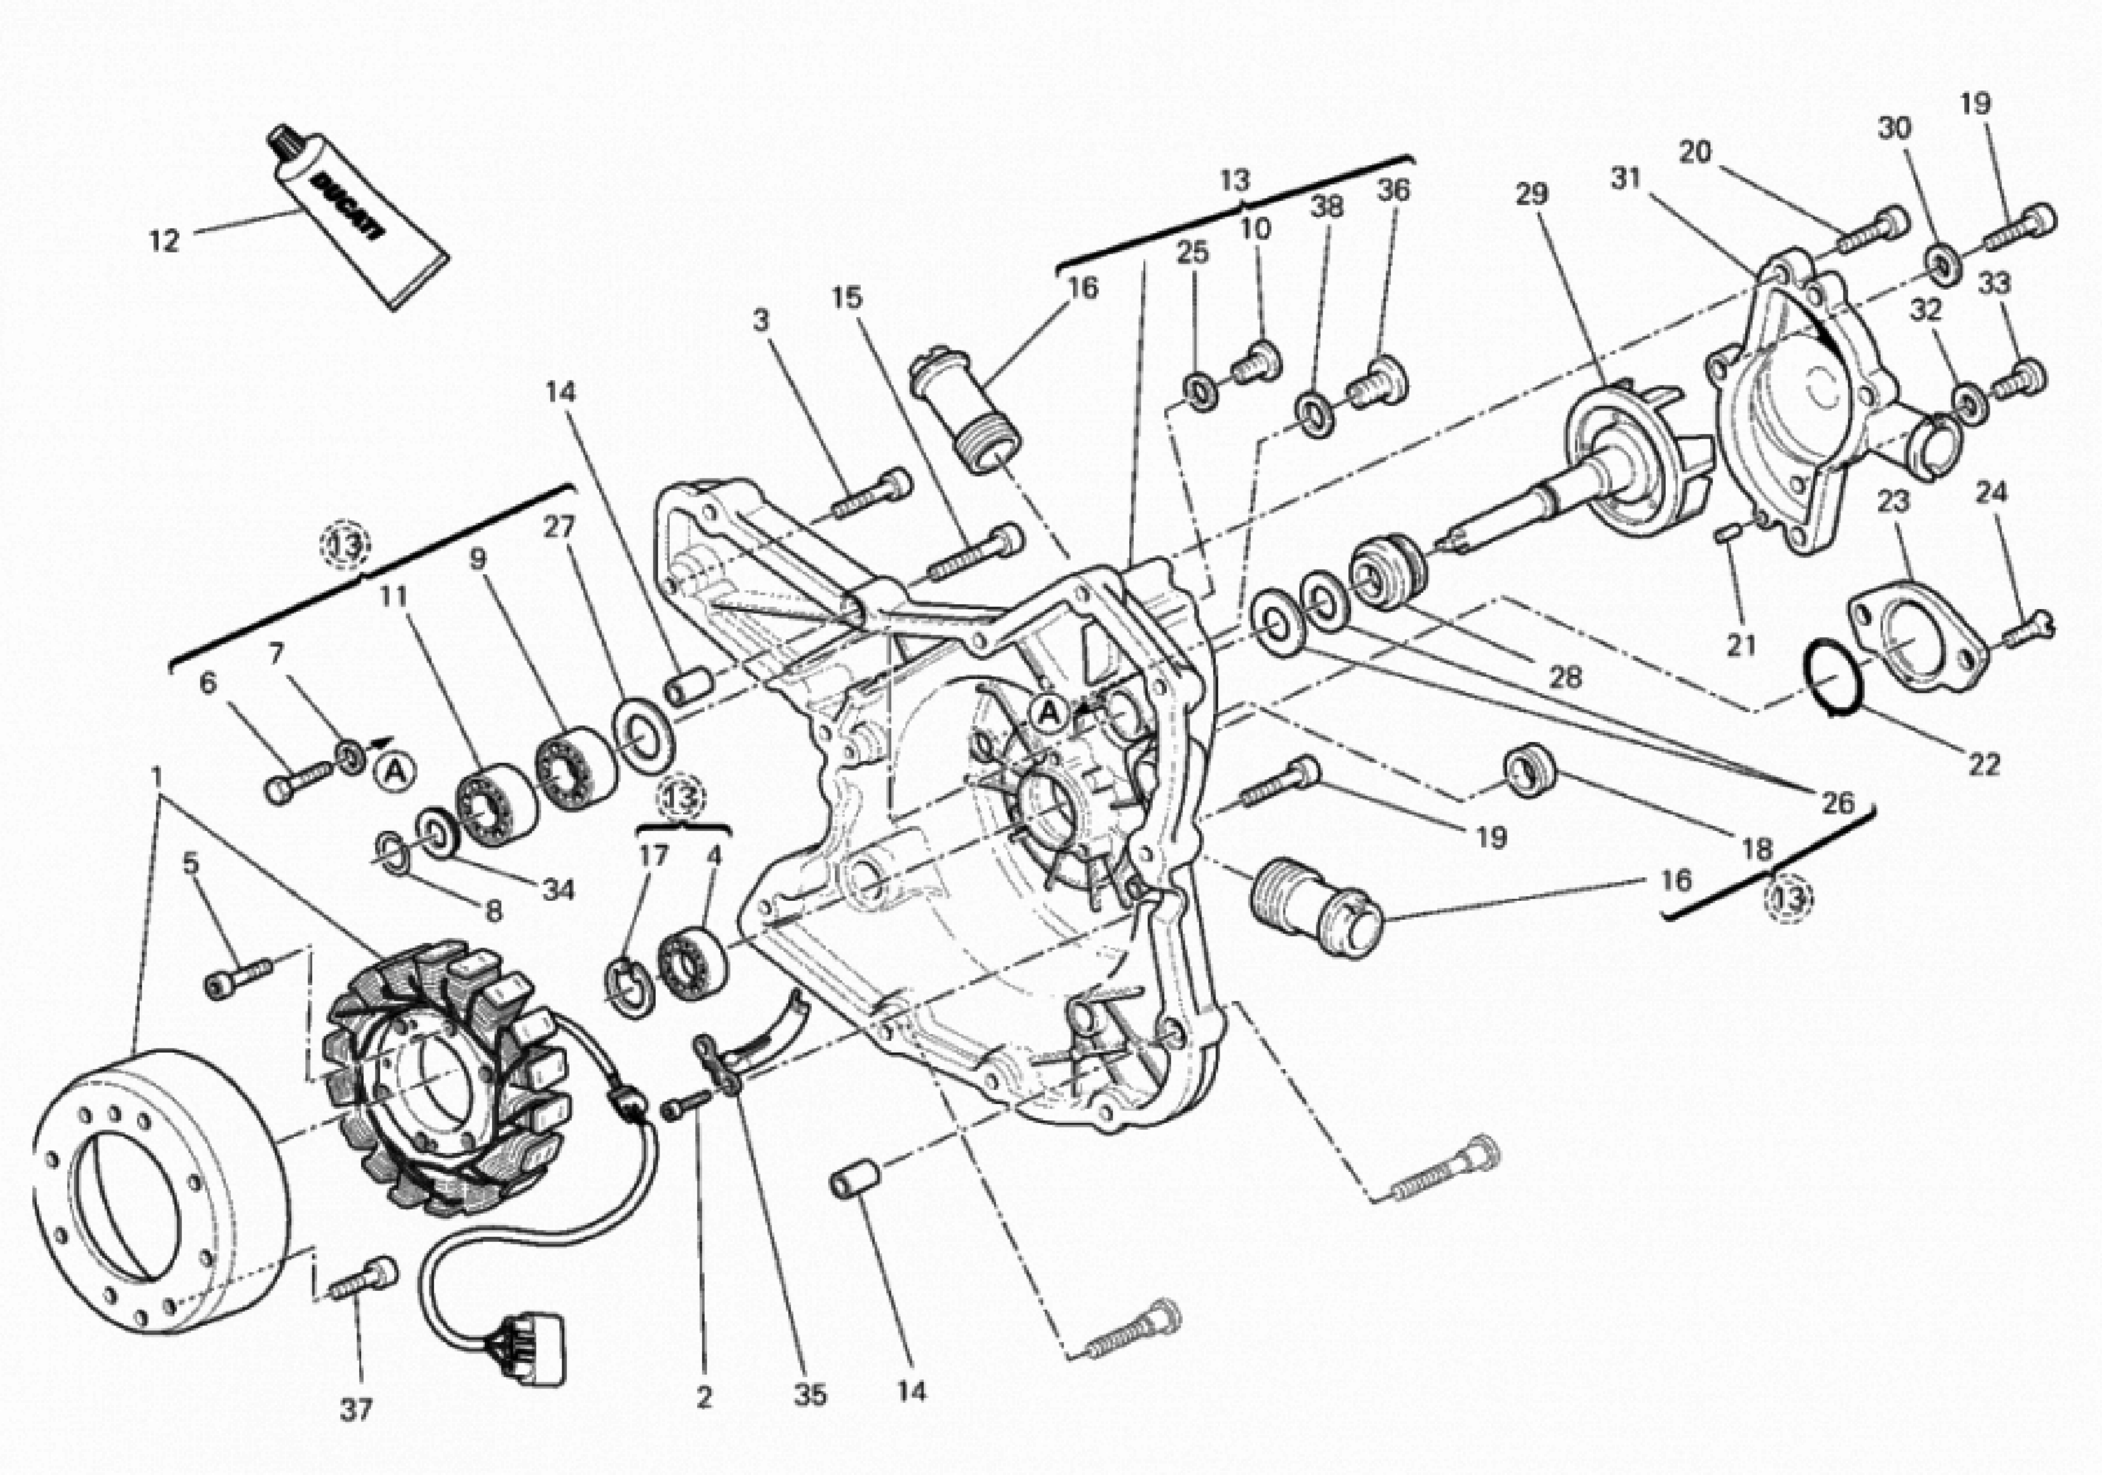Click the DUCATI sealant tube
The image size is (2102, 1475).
[x=357, y=218]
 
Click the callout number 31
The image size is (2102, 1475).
[x=1626, y=179]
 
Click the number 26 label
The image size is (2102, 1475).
[x=1836, y=803]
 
